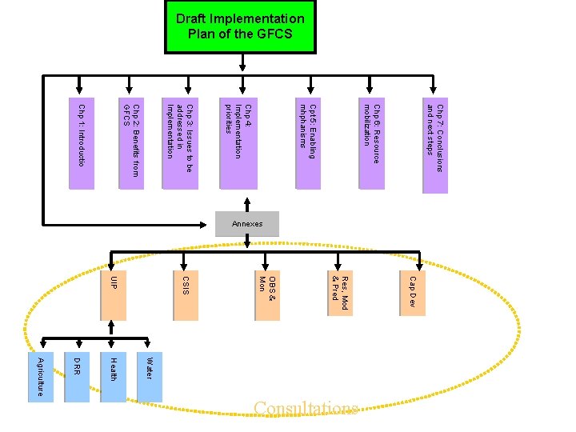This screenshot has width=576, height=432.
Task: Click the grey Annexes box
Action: coord(247,224)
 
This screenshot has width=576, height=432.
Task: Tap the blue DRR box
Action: coord(77,376)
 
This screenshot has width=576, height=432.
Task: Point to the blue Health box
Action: coord(113,376)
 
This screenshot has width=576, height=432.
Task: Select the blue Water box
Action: coord(150,376)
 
